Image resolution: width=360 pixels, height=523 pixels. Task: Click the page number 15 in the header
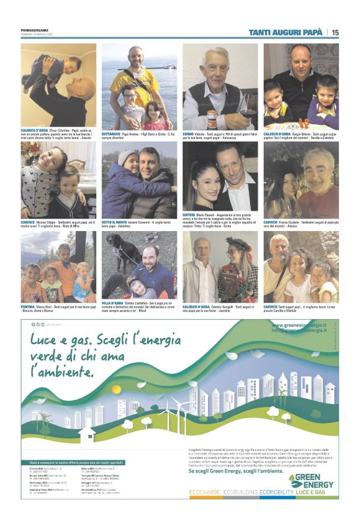click(335, 32)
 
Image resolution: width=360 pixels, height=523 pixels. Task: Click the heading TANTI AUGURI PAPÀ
click(286, 32)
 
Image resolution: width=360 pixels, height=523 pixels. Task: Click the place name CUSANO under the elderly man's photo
click(189, 133)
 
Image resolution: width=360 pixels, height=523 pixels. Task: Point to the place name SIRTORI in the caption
click(190, 214)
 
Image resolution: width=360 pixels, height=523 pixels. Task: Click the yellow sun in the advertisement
click(116, 389)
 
